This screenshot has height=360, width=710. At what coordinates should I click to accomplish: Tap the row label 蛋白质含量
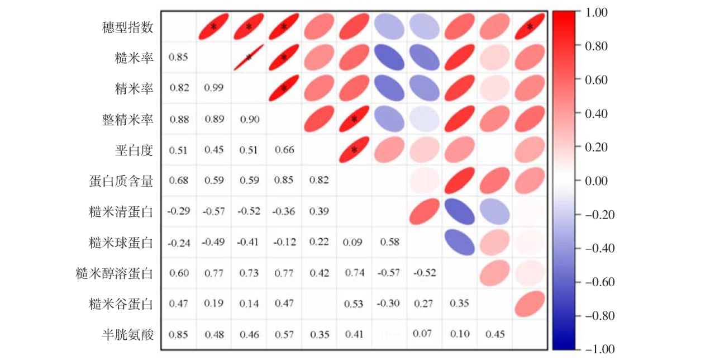tap(121, 181)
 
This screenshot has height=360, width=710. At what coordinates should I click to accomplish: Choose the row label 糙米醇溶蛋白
tap(115, 273)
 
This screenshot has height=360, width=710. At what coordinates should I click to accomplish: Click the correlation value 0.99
tap(214, 88)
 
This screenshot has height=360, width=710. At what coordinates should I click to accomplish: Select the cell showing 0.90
tap(249, 119)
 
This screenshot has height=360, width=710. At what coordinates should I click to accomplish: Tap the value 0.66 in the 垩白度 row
tap(284, 150)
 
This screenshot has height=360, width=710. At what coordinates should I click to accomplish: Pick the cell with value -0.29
tap(178, 212)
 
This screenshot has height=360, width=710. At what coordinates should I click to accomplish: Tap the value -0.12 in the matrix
tap(283, 243)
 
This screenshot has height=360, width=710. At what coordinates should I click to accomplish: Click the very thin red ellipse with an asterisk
tap(249, 57)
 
